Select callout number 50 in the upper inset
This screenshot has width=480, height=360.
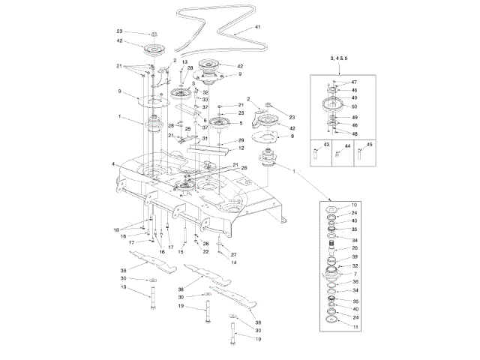pos(355,107)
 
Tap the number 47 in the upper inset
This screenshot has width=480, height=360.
pos(355,81)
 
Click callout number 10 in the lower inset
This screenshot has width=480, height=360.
pos(355,205)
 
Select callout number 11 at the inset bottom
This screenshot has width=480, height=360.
pos(355,328)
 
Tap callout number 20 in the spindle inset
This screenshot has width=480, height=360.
pos(355,248)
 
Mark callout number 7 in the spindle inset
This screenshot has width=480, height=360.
pos(355,274)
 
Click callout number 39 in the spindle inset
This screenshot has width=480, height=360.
pos(355,257)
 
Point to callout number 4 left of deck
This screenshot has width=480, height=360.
pos(113,164)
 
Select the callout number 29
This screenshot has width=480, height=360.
pos(241,139)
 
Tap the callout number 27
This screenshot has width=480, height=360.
pos(233,254)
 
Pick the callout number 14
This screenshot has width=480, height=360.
pos(233,262)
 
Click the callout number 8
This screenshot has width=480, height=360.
pos(291,136)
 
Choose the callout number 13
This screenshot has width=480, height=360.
pos(184,62)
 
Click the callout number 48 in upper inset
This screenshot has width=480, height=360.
pos(355,132)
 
